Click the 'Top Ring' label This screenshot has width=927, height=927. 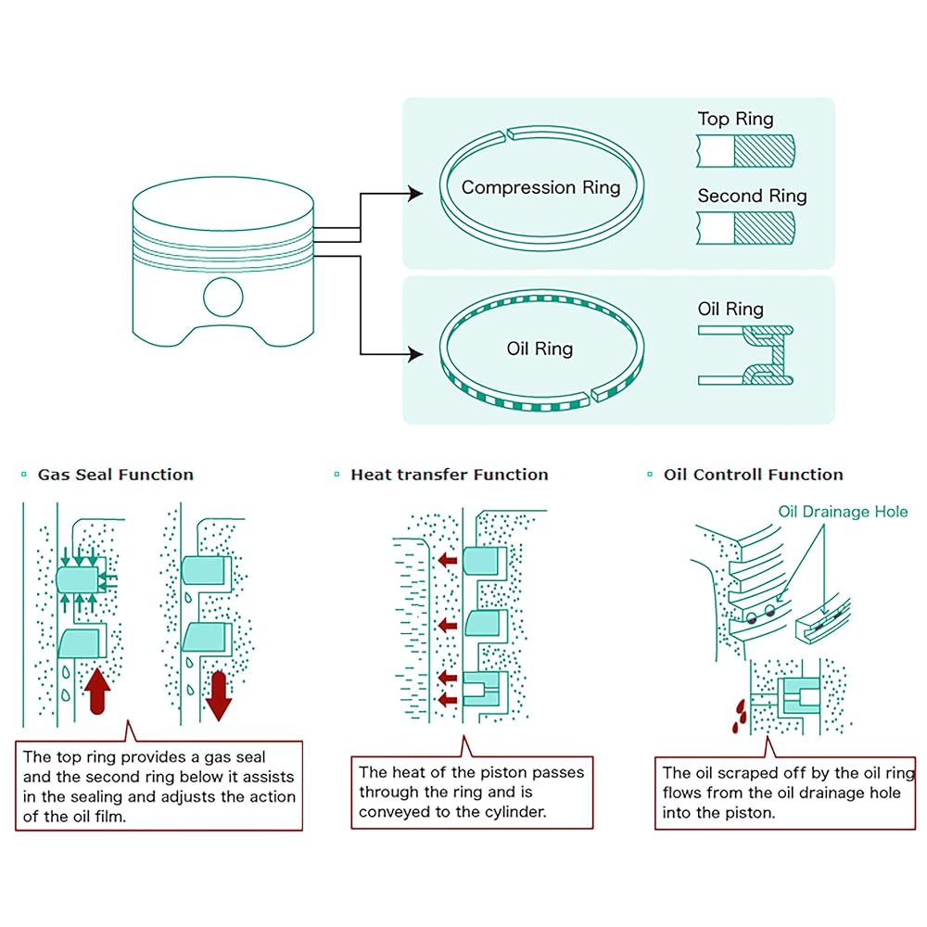click(x=735, y=119)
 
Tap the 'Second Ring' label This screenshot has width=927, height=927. click(x=752, y=196)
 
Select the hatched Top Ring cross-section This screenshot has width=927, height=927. click(x=764, y=151)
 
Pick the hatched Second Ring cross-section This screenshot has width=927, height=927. click(x=764, y=228)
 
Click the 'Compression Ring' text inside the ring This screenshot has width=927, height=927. click(x=541, y=187)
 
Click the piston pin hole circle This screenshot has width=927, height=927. click(x=222, y=298)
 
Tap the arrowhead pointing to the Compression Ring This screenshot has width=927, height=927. click(x=415, y=194)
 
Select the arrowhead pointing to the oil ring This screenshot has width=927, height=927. click(x=415, y=354)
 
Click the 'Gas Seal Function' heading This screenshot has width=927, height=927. click(x=115, y=475)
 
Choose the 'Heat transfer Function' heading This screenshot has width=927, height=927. click(x=450, y=475)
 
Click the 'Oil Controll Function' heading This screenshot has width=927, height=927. click(x=753, y=475)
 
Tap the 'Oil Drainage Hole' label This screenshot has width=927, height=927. click(x=843, y=512)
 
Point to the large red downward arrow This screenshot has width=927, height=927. click(x=219, y=696)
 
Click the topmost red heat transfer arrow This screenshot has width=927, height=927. click(x=448, y=559)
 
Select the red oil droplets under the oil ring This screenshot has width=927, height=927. click(x=739, y=716)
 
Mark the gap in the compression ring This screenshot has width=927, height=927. click(x=507, y=135)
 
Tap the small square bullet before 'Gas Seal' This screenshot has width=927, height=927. click(x=24, y=474)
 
